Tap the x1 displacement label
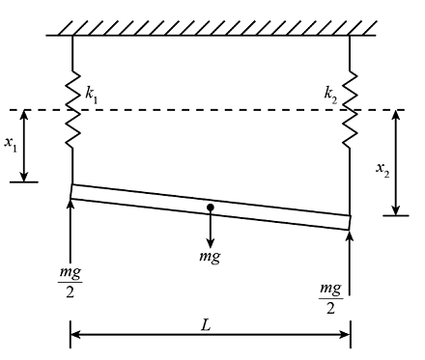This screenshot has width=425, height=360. pyautogui.click(x=11, y=144)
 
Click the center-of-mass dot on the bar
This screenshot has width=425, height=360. pyautogui.click(x=211, y=208)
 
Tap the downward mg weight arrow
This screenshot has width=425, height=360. pyautogui.click(x=211, y=230)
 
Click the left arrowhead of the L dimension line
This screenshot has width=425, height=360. pyautogui.click(x=77, y=335)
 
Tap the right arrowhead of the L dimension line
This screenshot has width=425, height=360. pyautogui.click(x=344, y=335)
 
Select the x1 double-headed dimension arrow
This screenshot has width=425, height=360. pyautogui.click(x=28, y=145)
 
